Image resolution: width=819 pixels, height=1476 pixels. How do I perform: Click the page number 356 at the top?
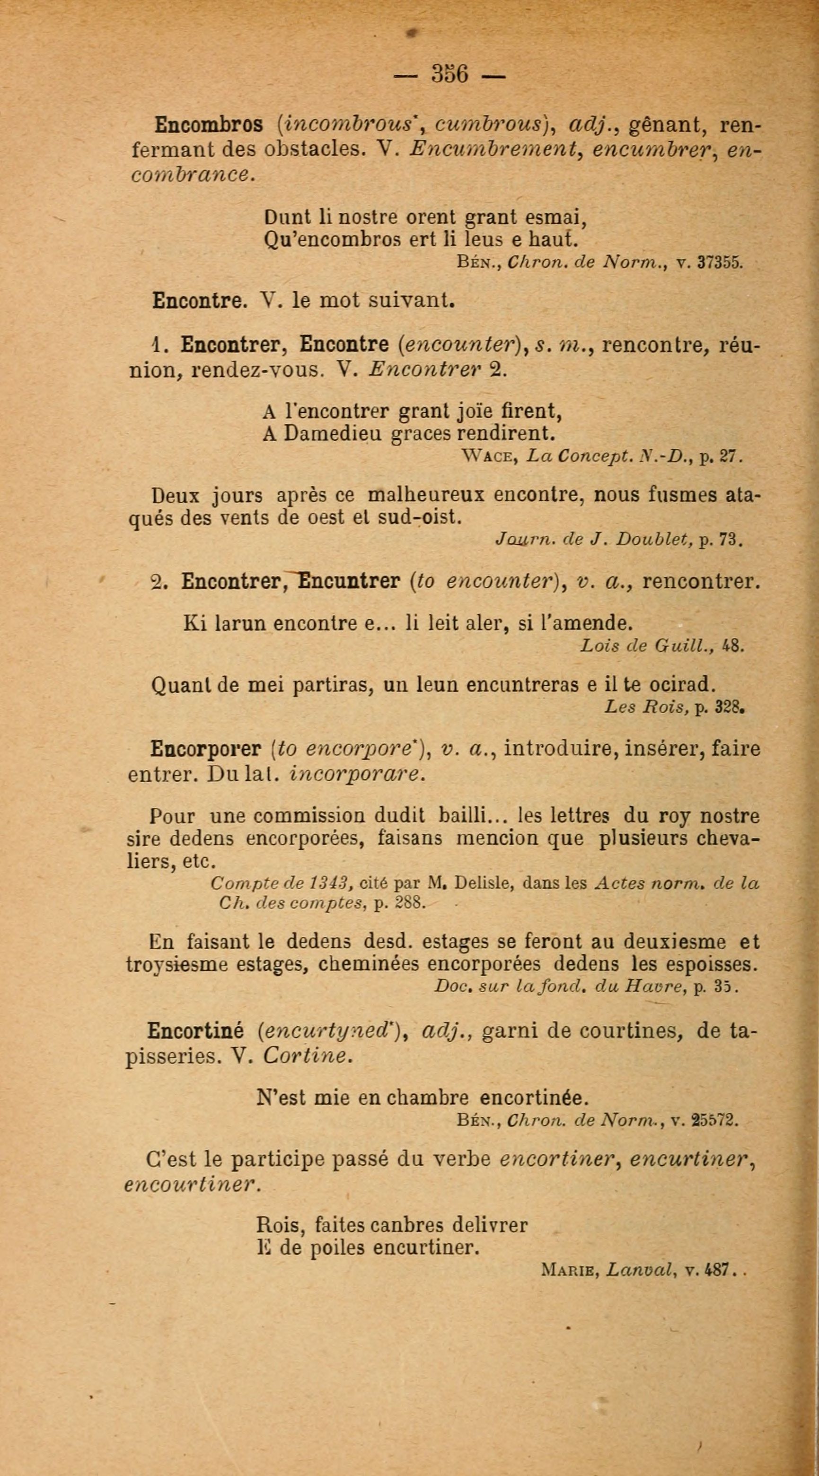[450, 73]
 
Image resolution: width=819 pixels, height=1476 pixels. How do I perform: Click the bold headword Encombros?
[209, 125]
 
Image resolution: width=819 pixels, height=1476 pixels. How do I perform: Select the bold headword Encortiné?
[195, 1031]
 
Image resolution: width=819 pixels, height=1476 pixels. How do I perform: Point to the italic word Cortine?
[307, 1056]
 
